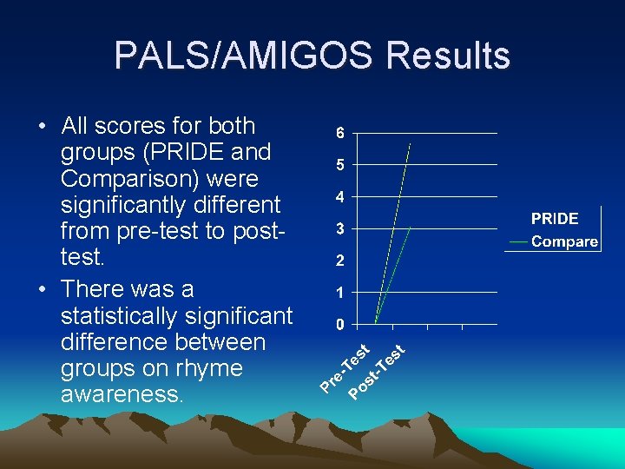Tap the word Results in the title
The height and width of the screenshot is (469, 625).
click(449, 56)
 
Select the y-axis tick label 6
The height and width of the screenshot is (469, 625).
click(340, 134)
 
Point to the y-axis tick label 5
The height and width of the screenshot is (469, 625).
click(340, 165)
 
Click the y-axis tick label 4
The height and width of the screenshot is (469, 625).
click(340, 197)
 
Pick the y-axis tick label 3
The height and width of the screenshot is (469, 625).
click(340, 229)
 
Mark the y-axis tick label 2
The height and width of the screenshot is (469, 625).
click(340, 261)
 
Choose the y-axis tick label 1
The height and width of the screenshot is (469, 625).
click(340, 293)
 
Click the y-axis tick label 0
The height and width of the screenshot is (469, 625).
click(340, 325)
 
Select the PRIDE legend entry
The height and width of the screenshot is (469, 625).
click(555, 219)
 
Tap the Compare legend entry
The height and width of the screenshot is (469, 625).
click(563, 241)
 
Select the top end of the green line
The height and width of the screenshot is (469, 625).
click(410, 227)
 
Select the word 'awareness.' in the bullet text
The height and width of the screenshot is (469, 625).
click(122, 395)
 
